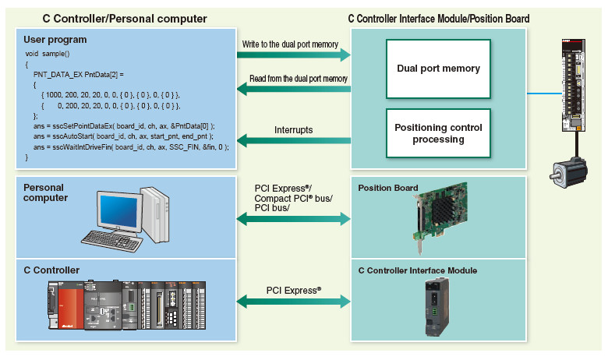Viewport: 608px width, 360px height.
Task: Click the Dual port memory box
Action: (438, 69)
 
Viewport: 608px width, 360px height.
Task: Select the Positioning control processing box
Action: (438, 133)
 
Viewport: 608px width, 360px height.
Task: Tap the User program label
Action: (55, 39)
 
